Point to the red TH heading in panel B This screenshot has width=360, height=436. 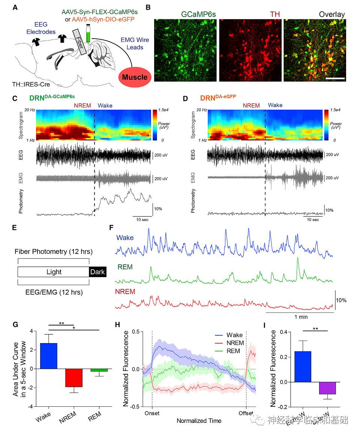tap(275, 15)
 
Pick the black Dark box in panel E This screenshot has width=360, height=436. tap(97, 272)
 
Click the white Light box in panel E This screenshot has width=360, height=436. tap(54, 272)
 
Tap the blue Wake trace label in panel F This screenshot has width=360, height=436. tap(124, 237)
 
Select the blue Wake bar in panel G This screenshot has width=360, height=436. tap(48, 355)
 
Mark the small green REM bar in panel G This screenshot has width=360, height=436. tap(99, 370)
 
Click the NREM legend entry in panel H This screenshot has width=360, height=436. tap(235, 343)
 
